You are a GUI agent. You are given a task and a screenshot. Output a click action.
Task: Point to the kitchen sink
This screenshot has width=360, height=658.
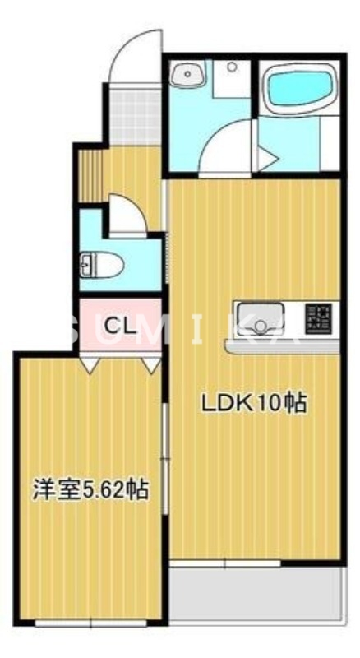[261, 317]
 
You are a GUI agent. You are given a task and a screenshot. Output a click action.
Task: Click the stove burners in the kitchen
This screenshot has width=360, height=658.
[319, 317]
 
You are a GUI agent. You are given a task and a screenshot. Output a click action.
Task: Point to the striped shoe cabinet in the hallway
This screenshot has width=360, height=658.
[87, 174]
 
